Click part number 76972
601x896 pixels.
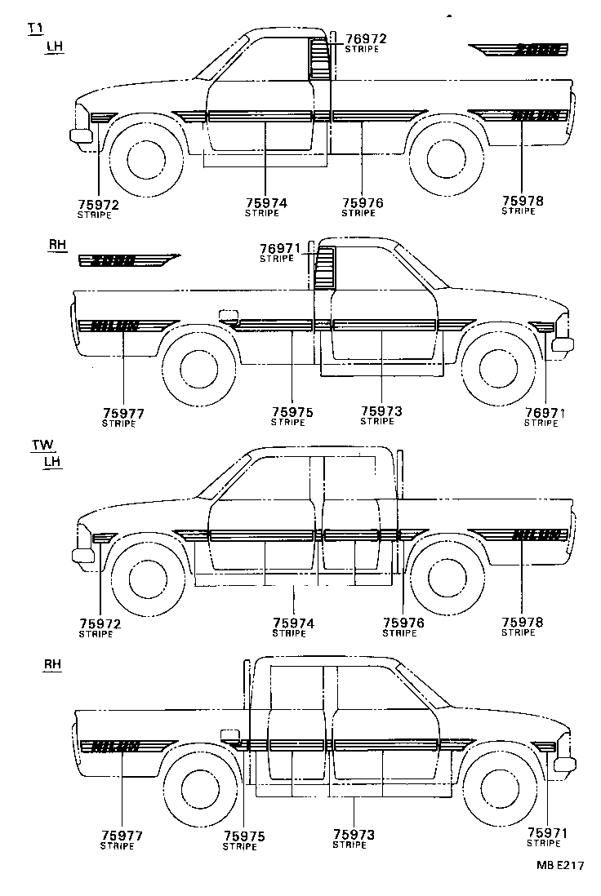(x=365, y=38)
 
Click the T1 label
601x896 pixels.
(x=34, y=29)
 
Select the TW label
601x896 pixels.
(x=42, y=446)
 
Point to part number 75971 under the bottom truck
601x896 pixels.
(x=547, y=832)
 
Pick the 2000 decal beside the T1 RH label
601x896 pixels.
(x=127, y=261)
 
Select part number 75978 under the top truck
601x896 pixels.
(x=523, y=200)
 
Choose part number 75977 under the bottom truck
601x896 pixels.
(x=122, y=836)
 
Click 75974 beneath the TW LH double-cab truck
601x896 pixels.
(x=293, y=623)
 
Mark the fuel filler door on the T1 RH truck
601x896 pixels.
(x=229, y=315)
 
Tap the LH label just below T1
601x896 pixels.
(x=54, y=46)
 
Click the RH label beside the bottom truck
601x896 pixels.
(x=52, y=666)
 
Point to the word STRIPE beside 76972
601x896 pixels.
(x=362, y=49)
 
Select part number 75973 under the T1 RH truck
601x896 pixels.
(x=381, y=411)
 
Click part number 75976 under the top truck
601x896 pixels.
(x=363, y=202)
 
